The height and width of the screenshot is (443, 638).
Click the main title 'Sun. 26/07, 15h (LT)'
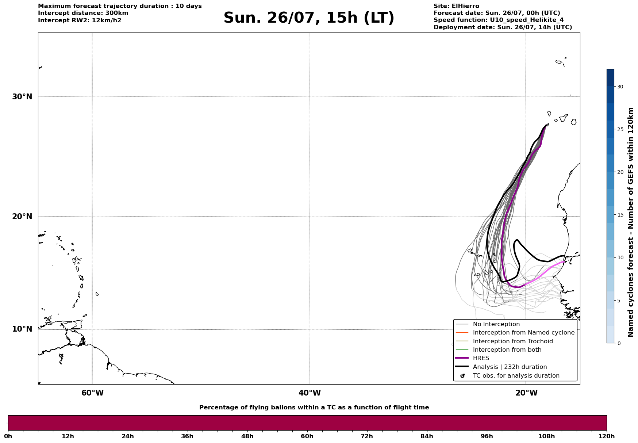pyautogui.click(x=309, y=18)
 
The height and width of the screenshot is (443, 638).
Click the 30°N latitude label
pyautogui.click(x=22, y=97)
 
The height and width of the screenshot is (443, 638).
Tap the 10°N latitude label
pyautogui.click(x=22, y=329)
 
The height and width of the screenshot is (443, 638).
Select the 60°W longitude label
pyautogui.click(x=92, y=393)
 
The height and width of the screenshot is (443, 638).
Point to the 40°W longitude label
pyautogui.click(x=310, y=393)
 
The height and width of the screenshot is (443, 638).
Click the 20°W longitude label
pyautogui.click(x=526, y=393)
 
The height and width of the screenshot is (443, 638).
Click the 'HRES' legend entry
pyautogui.click(x=481, y=358)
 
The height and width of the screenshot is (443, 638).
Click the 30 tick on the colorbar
pyautogui.click(x=620, y=87)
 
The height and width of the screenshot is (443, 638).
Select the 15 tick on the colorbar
pyautogui.click(x=620, y=215)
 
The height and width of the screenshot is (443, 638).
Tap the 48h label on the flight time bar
pyautogui.click(x=247, y=436)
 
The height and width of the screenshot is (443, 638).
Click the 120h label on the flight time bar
pyautogui.click(x=606, y=436)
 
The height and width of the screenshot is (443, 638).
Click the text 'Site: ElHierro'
pyautogui.click(x=456, y=6)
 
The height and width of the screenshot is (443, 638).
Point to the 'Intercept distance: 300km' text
pyautogui.click(x=83, y=13)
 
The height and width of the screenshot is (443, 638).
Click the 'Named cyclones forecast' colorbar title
pyautogui.click(x=630, y=222)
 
